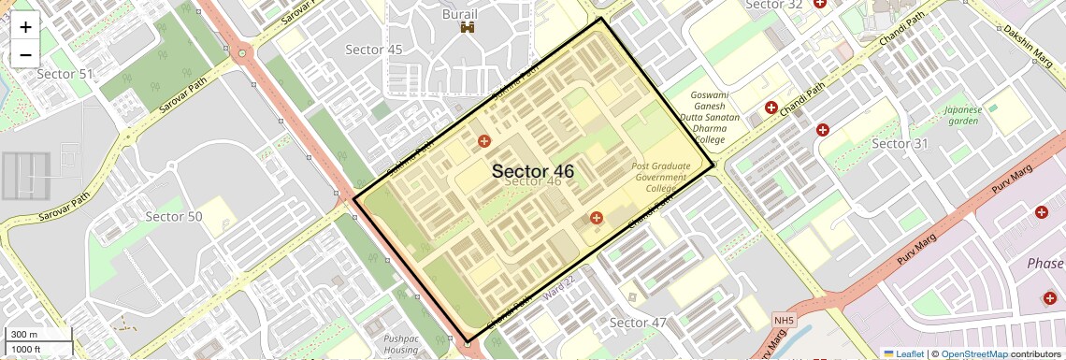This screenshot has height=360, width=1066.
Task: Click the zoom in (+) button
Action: pyautogui.click(x=25, y=27)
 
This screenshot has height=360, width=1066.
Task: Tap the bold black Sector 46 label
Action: pyautogui.click(x=532, y=171)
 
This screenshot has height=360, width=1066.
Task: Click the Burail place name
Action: pyautogui.click(x=460, y=14)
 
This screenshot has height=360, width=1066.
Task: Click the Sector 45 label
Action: pyautogui.click(x=373, y=50)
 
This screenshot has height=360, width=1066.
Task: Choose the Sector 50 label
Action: pyautogui.click(x=174, y=216)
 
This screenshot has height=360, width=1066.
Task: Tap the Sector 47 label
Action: pyautogui.click(x=638, y=323)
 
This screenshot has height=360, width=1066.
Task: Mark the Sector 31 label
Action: pyautogui.click(x=900, y=143)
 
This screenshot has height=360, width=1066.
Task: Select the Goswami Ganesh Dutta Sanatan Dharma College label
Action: pyautogui.click(x=715, y=118)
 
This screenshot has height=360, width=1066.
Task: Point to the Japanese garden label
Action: pyautogui.click(x=962, y=115)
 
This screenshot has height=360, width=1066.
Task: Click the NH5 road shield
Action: pyautogui.click(x=783, y=322)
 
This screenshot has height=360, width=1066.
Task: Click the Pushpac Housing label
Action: pyautogui.click(x=401, y=345)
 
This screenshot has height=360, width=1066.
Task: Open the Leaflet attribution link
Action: pyautogui.click(x=903, y=353)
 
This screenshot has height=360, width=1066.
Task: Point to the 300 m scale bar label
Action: pyautogui.click(x=25, y=335)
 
